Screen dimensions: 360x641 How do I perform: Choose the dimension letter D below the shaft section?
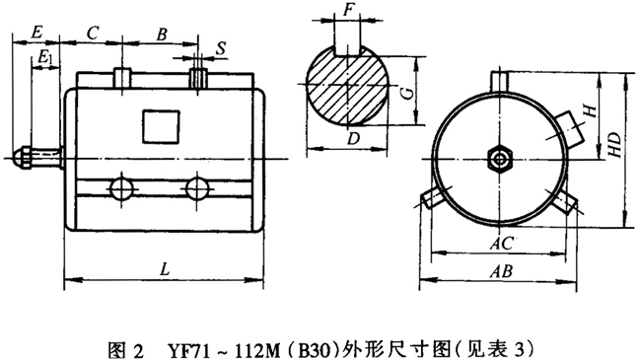point(352,139)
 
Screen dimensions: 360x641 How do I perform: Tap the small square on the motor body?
point(158,126)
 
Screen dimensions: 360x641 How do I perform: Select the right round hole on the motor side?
point(197,187)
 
